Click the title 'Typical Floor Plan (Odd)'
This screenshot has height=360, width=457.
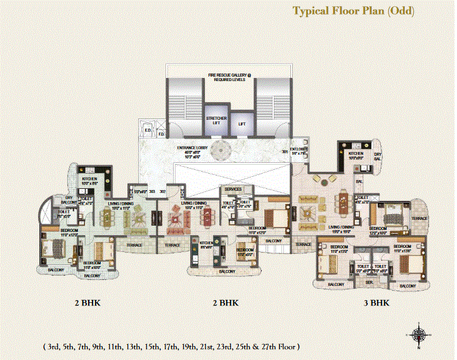pyautogui.click(x=353, y=11)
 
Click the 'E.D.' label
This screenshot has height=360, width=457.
pyautogui.click(x=148, y=131)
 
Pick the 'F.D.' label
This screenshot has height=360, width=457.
pyautogui.click(x=161, y=134)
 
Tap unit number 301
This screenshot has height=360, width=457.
pyautogui.click(x=285, y=151)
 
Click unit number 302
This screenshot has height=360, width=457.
pyautogui.click(x=162, y=190)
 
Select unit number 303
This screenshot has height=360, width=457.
pyautogui.click(x=152, y=190)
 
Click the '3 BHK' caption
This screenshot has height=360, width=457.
pyautogui.click(x=377, y=303)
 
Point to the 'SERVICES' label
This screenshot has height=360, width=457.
pyautogui.click(x=234, y=190)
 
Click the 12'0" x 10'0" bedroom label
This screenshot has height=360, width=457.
pyautogui.click(x=378, y=231)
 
